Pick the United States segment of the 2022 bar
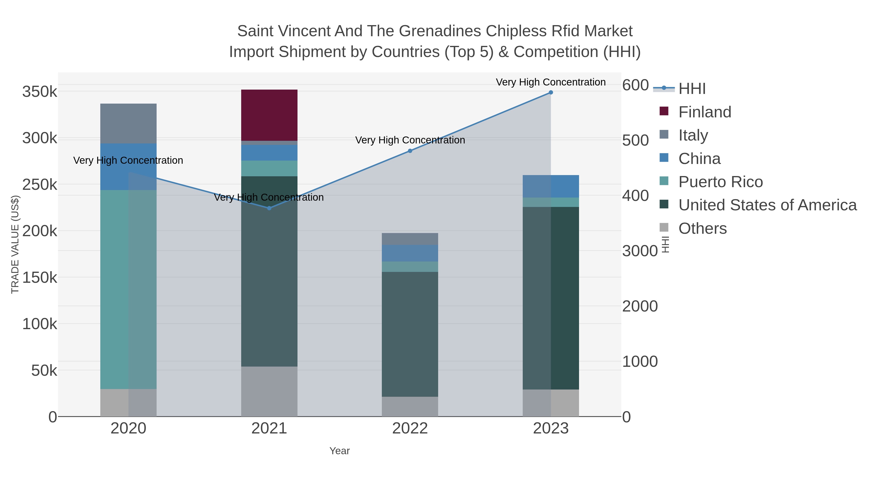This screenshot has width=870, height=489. [x=410, y=334]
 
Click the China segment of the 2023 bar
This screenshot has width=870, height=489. [x=551, y=186]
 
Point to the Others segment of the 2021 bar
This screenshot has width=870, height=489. [x=269, y=391]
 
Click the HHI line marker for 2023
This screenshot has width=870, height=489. [x=551, y=92]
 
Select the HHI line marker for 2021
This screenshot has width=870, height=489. [x=269, y=208]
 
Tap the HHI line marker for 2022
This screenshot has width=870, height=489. [x=410, y=151]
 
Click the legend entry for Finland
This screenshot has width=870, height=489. [x=704, y=112]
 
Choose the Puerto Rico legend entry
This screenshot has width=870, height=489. [x=720, y=182]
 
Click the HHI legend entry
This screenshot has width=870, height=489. [x=692, y=89]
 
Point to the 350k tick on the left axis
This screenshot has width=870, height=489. [x=40, y=92]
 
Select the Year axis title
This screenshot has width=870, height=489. [x=340, y=451]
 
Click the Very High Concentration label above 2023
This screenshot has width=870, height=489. [x=551, y=82]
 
